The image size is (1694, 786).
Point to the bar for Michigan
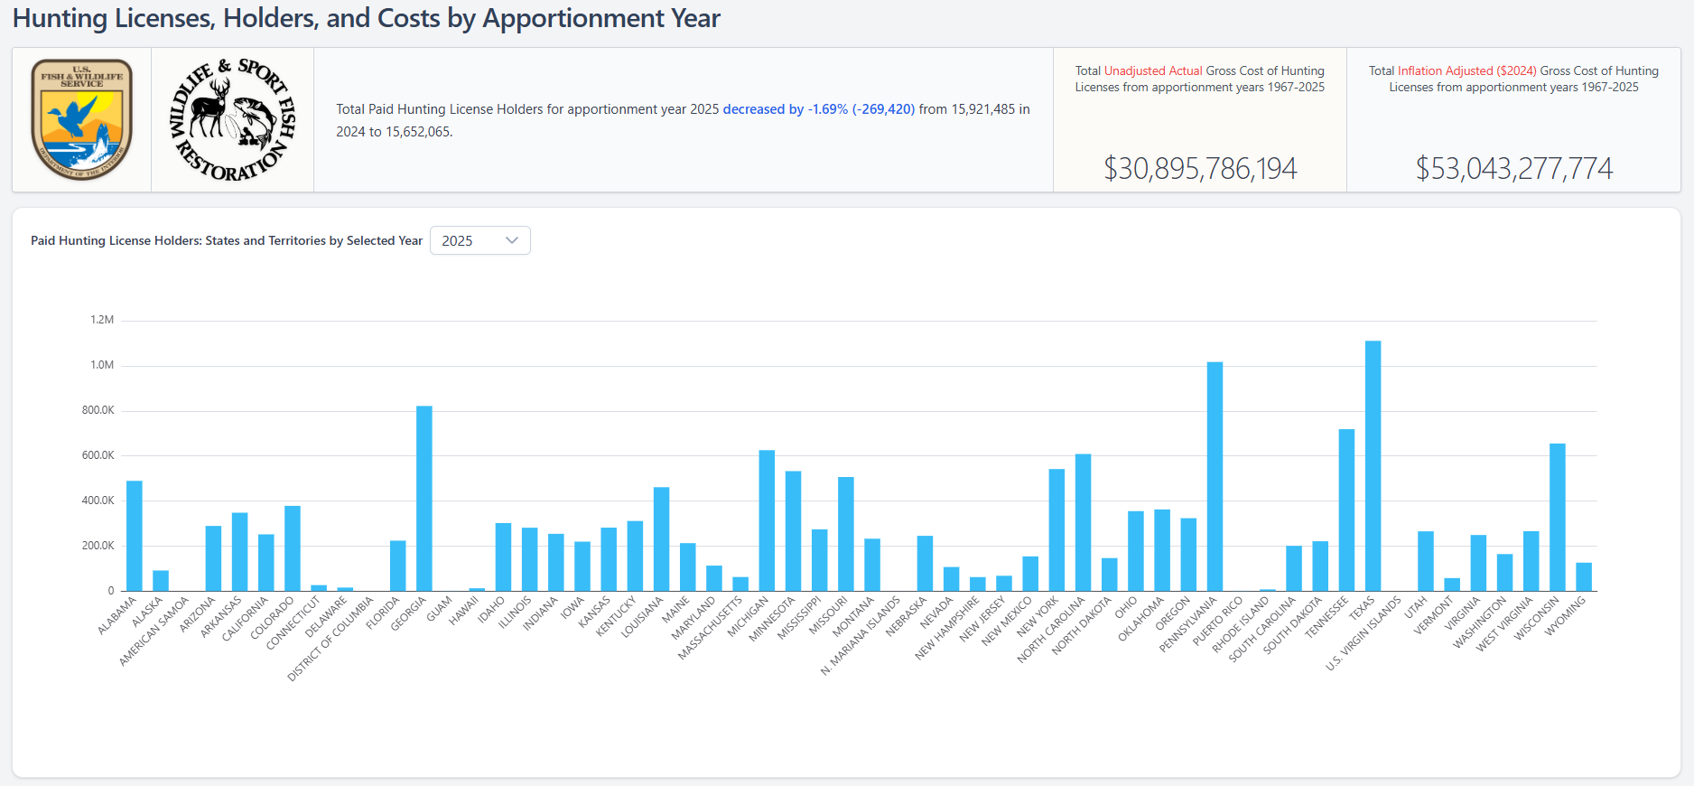(x=767, y=520)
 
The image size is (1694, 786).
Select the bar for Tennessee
(x=1346, y=510)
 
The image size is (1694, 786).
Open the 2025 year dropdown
(x=479, y=240)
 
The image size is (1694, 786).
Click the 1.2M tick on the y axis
(x=102, y=320)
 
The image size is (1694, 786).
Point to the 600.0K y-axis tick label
(x=98, y=455)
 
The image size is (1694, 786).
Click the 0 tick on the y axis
(x=111, y=591)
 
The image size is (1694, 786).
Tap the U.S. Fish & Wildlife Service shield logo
(x=82, y=119)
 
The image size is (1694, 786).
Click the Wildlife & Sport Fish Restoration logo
(x=233, y=119)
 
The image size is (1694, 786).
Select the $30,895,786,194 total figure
(x=1199, y=168)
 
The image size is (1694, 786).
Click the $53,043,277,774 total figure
(x=1513, y=168)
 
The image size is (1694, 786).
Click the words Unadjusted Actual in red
(x=1153, y=70)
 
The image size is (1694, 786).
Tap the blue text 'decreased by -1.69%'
(x=785, y=109)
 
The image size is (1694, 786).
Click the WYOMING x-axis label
(x=1566, y=617)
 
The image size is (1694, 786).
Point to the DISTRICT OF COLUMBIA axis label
(x=330, y=639)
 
